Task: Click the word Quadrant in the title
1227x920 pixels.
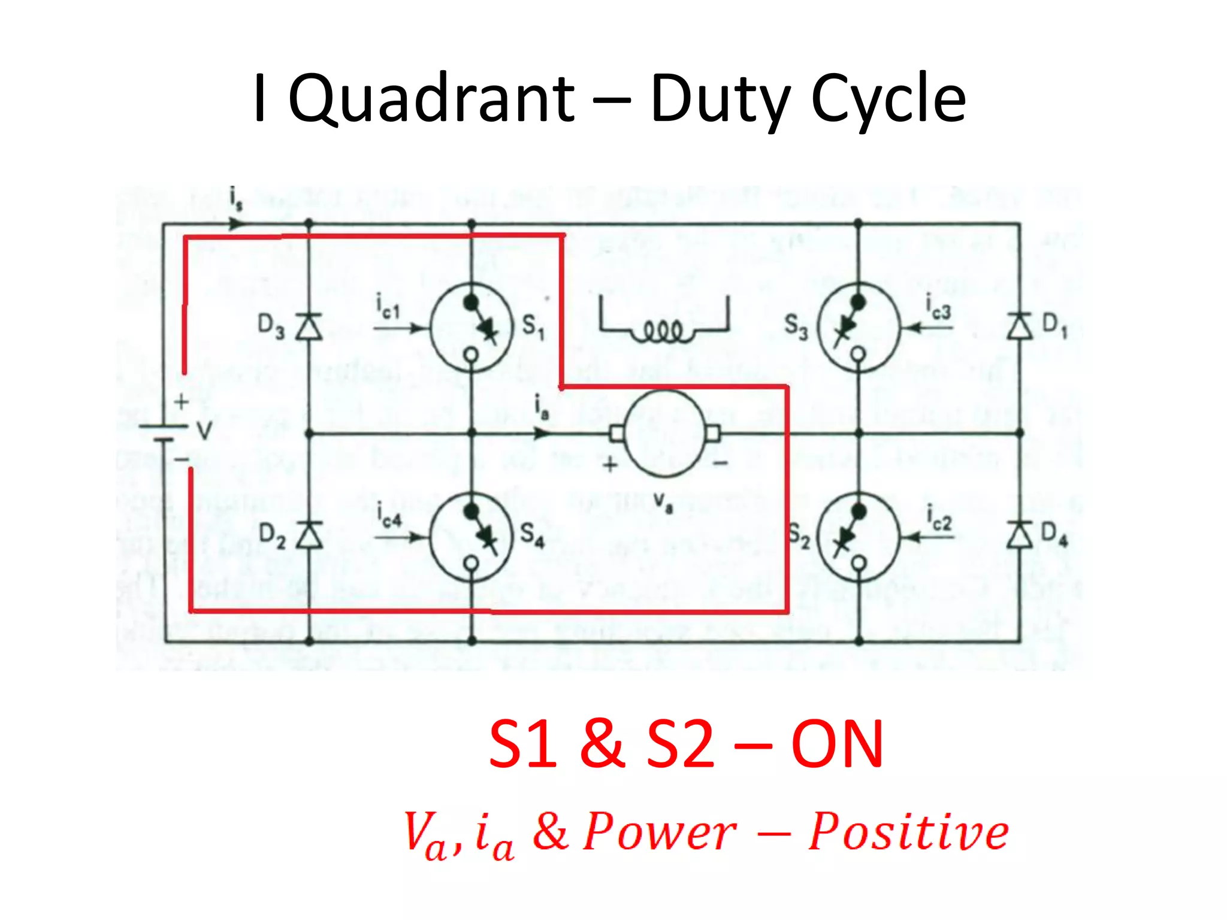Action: click(431, 99)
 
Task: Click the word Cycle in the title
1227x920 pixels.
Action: click(888, 99)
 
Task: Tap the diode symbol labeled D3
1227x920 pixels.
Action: click(309, 327)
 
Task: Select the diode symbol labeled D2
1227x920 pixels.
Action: click(309, 535)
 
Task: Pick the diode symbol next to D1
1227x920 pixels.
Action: click(1019, 327)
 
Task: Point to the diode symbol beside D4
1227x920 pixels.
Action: click(1019, 535)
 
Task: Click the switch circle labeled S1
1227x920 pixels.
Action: click(472, 328)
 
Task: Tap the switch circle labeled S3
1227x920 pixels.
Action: click(859, 328)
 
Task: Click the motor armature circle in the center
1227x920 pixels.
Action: click(665, 433)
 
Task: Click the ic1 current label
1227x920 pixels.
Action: click(388, 306)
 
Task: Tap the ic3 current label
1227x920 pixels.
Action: click(938, 306)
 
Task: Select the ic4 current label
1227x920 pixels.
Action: click(389, 515)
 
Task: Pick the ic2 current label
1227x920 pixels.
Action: click(939, 516)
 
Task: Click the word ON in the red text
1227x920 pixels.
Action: click(837, 744)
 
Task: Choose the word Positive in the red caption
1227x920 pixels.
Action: click(908, 831)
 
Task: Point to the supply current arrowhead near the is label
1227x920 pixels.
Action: click(238, 224)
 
